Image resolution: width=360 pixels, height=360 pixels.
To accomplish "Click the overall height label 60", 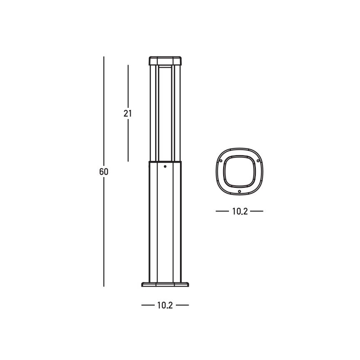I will coord(104,172).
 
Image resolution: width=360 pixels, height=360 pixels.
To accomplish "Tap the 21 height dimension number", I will coord(128,113).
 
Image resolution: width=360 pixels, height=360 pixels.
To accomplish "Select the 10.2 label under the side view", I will coord(165,306).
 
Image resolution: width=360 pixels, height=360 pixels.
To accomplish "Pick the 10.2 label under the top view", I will coord(240,212).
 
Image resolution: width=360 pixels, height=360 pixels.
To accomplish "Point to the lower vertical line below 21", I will coord(128,141).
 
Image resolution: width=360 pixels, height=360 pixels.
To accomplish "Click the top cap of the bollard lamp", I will coord(165,61).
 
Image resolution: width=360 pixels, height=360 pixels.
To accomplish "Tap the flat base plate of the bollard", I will coord(165,285).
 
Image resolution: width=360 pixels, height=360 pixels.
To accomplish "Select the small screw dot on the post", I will coord(165,167).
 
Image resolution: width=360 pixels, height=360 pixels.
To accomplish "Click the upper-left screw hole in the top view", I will coord(221,160).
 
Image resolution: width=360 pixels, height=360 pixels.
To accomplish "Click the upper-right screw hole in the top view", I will coord(258,160).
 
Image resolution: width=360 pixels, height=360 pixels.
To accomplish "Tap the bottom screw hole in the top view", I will coord(240,191).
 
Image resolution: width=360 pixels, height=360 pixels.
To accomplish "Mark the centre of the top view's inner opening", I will coord(240,171).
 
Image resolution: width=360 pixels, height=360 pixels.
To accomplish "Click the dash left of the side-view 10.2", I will coord(148,306).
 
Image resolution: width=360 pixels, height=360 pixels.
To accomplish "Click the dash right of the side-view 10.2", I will coord(182,306).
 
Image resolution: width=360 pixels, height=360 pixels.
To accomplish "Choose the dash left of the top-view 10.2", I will coord(222,212).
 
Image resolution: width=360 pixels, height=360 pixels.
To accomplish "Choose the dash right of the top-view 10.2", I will coord(257,212).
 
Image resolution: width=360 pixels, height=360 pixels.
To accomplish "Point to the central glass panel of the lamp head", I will coord(165,112).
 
